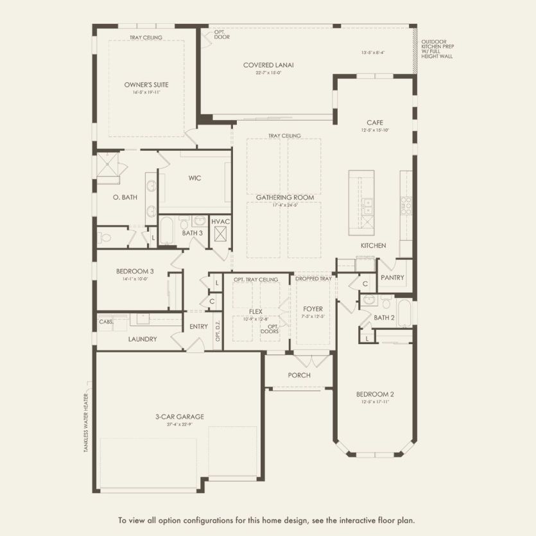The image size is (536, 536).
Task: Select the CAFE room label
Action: click(375, 122)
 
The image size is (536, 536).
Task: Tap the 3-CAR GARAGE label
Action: click(178, 417)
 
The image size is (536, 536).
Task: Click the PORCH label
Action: click(299, 376)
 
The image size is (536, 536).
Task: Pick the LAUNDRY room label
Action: click(142, 339)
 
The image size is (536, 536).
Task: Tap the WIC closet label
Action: click(195, 178)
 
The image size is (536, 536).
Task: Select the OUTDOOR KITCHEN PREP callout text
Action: click(438, 48)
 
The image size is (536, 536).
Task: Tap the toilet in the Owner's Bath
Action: click(105, 238)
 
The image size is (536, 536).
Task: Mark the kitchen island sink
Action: click(367, 205)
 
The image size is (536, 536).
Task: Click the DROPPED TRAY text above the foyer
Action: click(313, 279)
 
